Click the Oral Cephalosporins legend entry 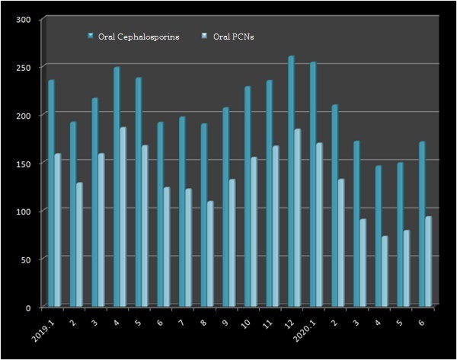pos(138,37)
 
